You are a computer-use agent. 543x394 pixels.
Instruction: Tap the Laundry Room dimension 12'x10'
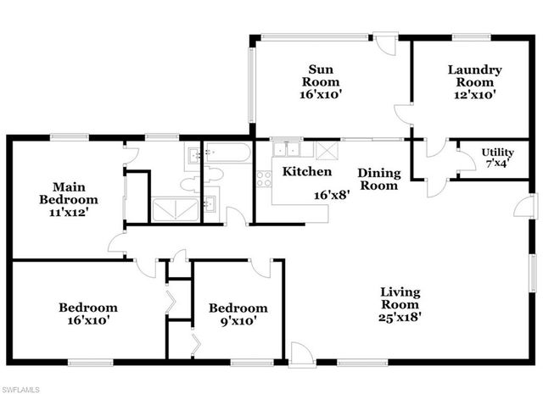[474, 96]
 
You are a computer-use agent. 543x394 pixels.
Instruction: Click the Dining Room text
[378, 179]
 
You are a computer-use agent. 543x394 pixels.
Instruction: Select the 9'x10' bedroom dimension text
[238, 321]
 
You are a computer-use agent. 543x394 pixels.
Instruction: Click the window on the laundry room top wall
[467, 36]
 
